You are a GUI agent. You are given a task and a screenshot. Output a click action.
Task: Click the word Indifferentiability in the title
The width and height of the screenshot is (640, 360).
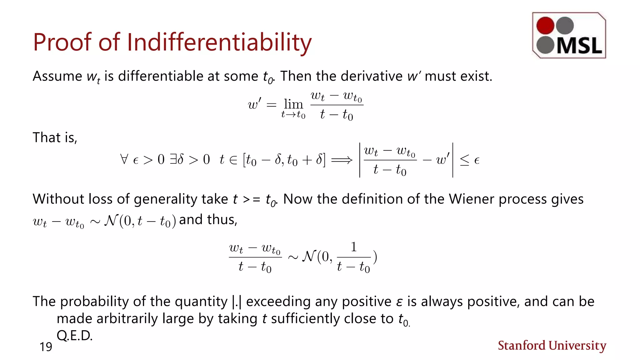pyautogui.click(x=219, y=42)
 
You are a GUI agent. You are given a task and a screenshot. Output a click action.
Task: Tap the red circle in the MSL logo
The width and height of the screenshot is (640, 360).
pyautogui.click(x=545, y=25)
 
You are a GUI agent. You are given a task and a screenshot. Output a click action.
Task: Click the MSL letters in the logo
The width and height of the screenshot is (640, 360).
pyautogui.click(x=579, y=46)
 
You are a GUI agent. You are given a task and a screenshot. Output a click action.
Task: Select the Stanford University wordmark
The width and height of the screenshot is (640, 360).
pyautogui.click(x=552, y=346)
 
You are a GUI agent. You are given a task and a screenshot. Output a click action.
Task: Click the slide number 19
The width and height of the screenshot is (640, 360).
pyautogui.click(x=46, y=347)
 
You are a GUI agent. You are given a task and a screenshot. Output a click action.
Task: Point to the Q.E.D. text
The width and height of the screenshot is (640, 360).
pyautogui.click(x=74, y=336)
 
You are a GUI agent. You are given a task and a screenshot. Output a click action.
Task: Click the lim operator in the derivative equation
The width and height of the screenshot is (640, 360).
pyautogui.click(x=293, y=104)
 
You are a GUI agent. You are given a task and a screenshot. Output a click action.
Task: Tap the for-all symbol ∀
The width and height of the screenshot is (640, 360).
pyautogui.click(x=124, y=159)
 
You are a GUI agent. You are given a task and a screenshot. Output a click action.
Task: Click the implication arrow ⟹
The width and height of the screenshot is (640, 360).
pyautogui.click(x=342, y=160)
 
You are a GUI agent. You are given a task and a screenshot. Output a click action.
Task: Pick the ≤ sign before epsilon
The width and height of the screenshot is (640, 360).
pyautogui.click(x=464, y=160)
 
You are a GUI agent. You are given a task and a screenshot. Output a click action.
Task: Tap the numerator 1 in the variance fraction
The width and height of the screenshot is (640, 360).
pyautogui.click(x=353, y=247)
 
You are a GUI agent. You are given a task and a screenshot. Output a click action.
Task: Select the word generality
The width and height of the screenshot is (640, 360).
pyautogui.click(x=165, y=199)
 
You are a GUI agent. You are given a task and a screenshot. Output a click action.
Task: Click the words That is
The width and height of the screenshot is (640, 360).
pyautogui.click(x=55, y=137)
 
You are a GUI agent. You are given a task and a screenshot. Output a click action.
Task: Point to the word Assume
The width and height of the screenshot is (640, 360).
pyautogui.click(x=57, y=76)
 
